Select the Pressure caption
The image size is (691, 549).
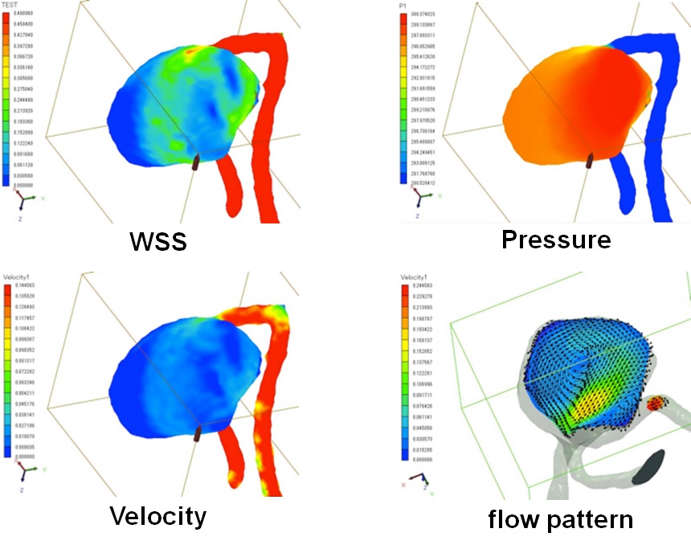pyautogui.click(x=556, y=239)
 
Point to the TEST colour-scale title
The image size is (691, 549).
pyautogui.click(x=11, y=6)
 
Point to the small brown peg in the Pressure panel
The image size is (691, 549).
pyautogui.click(x=591, y=161)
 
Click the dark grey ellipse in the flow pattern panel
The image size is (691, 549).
pyautogui.click(x=651, y=466)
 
